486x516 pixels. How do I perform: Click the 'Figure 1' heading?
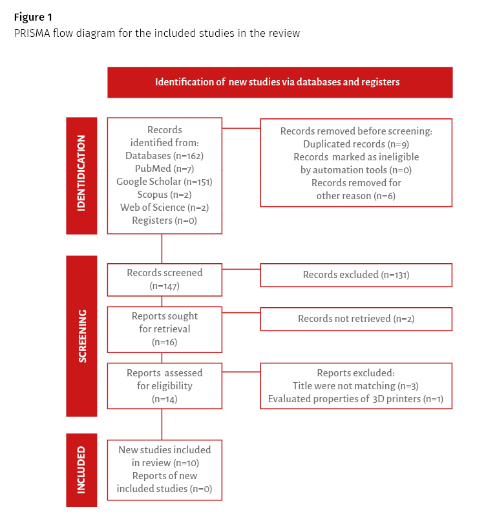coord(33,17)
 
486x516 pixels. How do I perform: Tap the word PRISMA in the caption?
coord(32,33)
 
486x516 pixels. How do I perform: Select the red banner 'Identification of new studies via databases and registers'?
coord(280,83)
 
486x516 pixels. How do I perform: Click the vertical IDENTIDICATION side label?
coord(81,173)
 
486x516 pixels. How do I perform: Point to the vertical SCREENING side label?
coord(82,336)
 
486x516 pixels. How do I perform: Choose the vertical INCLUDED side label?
coord(81,470)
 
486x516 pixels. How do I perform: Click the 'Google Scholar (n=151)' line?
coord(164,182)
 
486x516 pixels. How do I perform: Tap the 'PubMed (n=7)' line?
coord(164,169)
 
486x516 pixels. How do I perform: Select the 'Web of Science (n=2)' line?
coord(164,208)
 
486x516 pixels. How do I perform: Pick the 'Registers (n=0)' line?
coord(164,220)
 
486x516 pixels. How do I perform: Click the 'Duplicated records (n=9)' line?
coord(356,144)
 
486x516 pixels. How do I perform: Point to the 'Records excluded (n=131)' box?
coord(356,275)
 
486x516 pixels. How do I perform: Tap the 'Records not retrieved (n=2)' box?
coord(356,319)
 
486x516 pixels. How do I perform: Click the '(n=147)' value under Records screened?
coord(164,286)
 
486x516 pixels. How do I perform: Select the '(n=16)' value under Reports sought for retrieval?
coord(164,342)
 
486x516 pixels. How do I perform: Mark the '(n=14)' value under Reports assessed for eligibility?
coord(164,399)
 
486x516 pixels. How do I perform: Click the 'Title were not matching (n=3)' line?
coord(355,386)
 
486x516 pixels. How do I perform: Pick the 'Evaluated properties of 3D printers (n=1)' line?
coord(355,399)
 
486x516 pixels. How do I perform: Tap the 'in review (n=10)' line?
coord(165,463)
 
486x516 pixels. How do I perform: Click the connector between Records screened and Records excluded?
coord(241,269)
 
